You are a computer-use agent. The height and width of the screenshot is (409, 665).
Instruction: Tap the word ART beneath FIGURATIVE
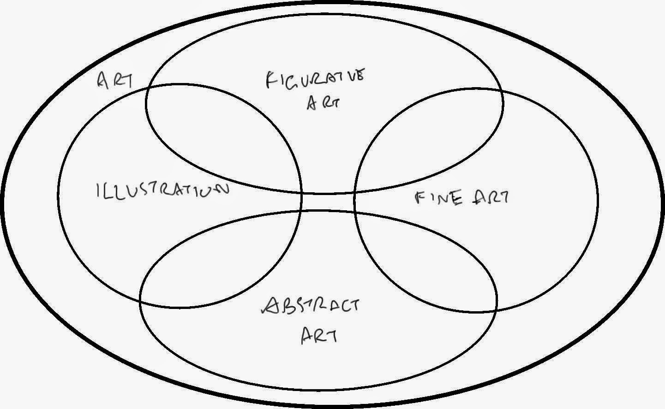point(323,102)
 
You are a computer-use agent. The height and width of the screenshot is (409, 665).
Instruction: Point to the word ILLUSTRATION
point(162,190)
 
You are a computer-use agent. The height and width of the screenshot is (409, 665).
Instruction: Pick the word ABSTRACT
point(310,305)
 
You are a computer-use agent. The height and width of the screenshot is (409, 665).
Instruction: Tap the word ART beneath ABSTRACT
point(318,335)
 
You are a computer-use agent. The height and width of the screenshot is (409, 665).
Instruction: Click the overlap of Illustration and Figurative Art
point(217,134)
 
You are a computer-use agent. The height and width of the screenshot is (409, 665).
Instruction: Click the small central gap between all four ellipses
point(328,202)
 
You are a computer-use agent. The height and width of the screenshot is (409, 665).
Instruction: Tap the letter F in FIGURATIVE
point(271,79)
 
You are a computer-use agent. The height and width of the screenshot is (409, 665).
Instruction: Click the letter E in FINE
point(457,199)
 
